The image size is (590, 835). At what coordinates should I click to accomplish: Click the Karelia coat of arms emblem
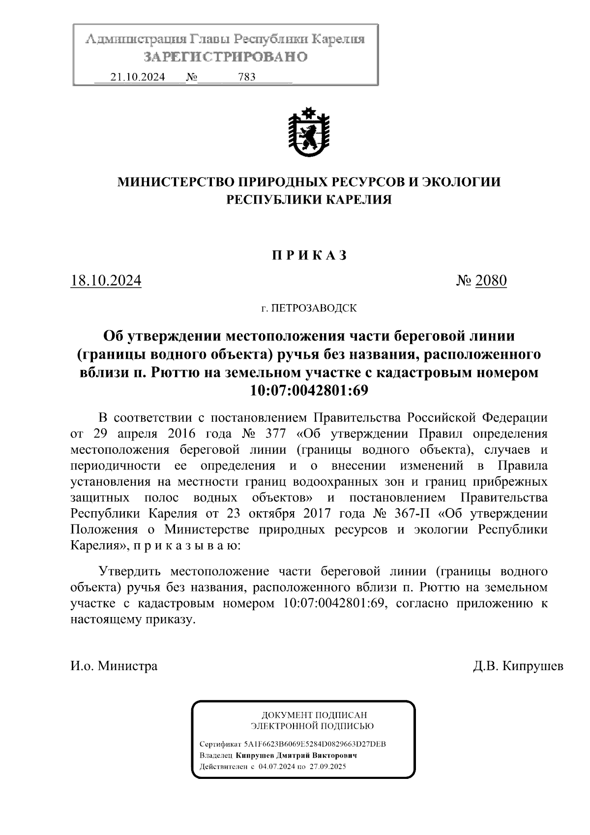pos(308,131)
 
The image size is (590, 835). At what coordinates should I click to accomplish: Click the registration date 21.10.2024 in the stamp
pos(138,77)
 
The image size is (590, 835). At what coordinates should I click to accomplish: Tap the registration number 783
pos(246,77)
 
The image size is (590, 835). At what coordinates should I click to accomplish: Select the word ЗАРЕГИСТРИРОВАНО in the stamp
pos(226,57)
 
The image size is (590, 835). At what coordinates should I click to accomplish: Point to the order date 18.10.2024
pos(106,281)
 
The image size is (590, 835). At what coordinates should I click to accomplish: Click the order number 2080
pos(491,281)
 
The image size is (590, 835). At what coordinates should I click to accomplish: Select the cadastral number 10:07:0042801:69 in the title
pos(309,390)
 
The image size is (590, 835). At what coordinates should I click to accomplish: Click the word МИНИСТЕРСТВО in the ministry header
pos(177,182)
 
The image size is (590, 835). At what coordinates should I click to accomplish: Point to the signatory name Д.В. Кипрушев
pos(518,666)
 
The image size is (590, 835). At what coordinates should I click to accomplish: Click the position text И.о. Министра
pos(114,666)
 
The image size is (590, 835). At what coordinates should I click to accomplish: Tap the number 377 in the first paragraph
pos(271,434)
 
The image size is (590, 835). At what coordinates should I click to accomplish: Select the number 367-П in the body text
pos(413,513)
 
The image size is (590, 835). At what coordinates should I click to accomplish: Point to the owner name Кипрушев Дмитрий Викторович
pos(296,755)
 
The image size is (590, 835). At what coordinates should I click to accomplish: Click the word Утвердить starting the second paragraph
pos(129,572)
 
